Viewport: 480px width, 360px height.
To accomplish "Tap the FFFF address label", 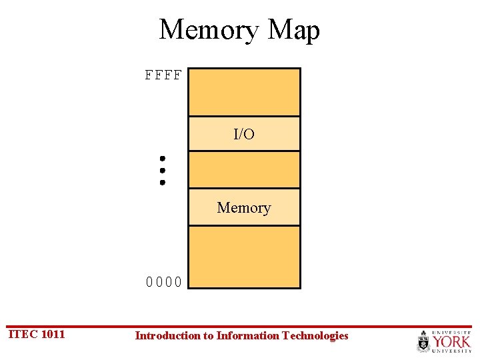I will click(163, 75).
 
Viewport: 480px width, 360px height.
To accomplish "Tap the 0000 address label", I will click(164, 281).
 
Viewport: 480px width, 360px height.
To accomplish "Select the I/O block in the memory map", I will click(244, 134).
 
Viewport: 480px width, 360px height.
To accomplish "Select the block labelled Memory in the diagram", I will click(244, 207).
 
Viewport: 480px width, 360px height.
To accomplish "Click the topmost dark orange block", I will click(244, 92).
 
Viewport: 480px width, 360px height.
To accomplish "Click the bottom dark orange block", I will click(244, 257).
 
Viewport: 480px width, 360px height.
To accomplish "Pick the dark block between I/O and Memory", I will click(244, 169).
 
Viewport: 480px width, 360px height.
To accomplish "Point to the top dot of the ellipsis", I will click(162, 159).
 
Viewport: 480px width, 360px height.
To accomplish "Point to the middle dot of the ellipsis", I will click(162, 170).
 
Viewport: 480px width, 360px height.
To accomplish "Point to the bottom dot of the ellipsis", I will click(162, 181).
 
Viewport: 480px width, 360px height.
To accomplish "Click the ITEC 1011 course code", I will click(37, 334).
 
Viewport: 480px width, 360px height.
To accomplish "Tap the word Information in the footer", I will click(247, 335).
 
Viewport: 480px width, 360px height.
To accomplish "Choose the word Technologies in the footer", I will click(315, 335).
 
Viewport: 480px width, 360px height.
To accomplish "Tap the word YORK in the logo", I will click(452, 341).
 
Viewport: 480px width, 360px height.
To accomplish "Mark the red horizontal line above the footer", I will click(240, 327).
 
